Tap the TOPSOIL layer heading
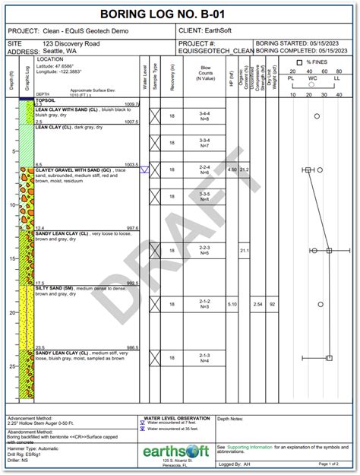(45, 100)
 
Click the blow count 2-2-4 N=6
(204, 169)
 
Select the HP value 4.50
(232, 169)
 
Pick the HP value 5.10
(232, 305)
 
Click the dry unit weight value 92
(272, 305)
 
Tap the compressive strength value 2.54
(258, 305)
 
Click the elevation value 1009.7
(132, 104)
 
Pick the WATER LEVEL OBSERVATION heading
(177, 419)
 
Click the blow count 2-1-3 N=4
(204, 358)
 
